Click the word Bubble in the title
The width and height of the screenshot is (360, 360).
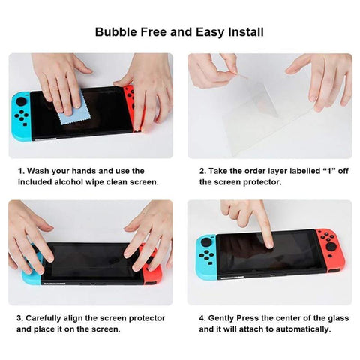click(116, 32)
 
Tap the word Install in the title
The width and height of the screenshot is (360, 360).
click(246, 32)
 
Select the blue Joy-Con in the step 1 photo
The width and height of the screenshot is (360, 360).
click(21, 116)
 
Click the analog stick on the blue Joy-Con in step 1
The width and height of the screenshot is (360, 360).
click(21, 101)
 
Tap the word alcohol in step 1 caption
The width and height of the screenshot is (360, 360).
click(69, 182)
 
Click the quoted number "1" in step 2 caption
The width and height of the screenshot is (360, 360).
click(329, 171)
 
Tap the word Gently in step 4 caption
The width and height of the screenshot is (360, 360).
click(221, 318)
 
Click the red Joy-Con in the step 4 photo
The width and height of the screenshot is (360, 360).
click(330, 250)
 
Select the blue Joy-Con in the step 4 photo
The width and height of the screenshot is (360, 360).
click(206, 256)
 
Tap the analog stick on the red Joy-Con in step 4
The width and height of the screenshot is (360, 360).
click(332, 247)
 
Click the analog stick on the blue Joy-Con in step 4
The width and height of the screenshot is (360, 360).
click(206, 243)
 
